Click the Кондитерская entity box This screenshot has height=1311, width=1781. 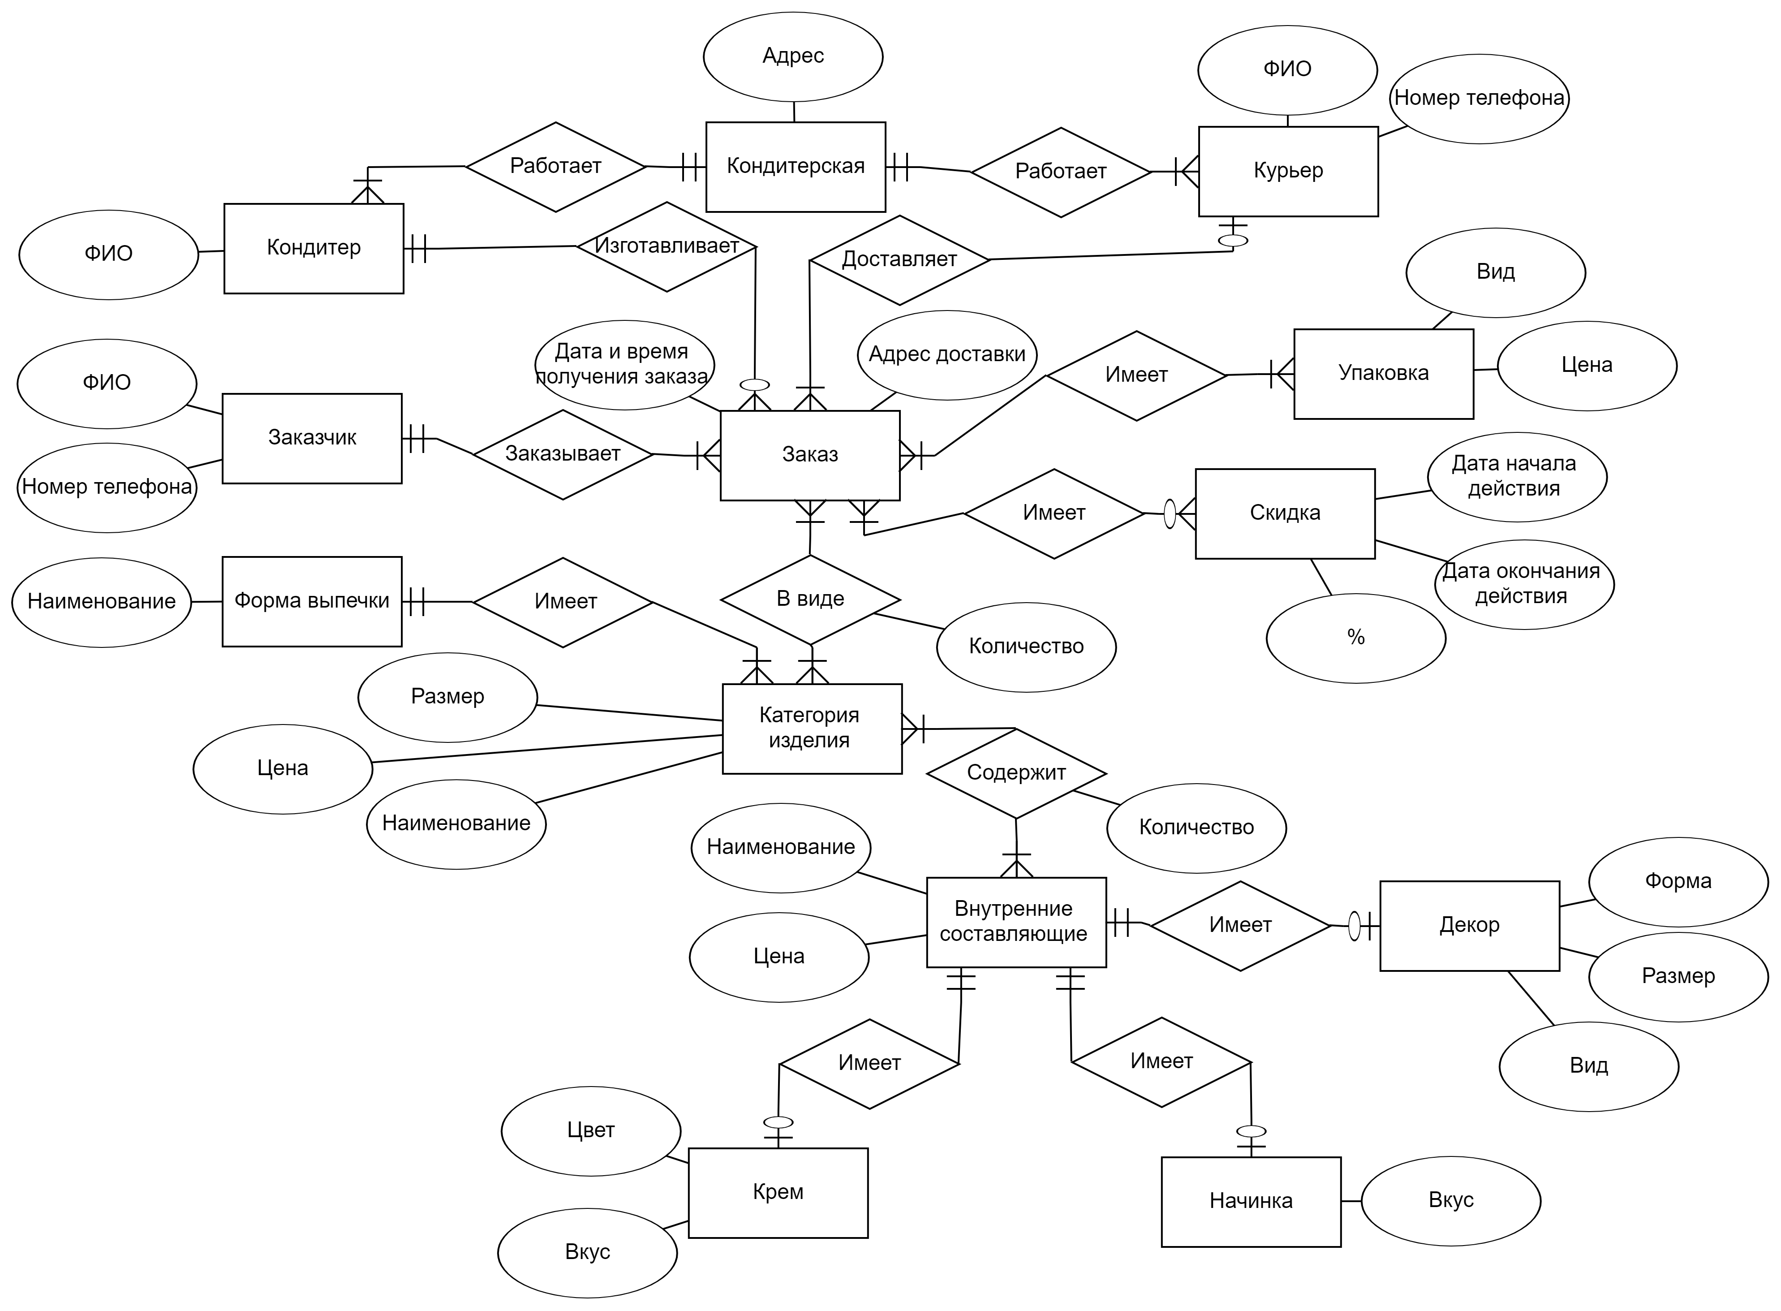[x=795, y=167]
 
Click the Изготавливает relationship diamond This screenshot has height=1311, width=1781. [x=667, y=247]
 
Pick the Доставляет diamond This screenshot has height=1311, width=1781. [x=899, y=260]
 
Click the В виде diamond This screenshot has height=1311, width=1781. [x=810, y=599]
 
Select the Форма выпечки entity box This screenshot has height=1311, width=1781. [x=312, y=602]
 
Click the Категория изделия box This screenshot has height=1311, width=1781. [x=812, y=729]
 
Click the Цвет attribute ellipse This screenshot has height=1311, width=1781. [x=590, y=1131]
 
